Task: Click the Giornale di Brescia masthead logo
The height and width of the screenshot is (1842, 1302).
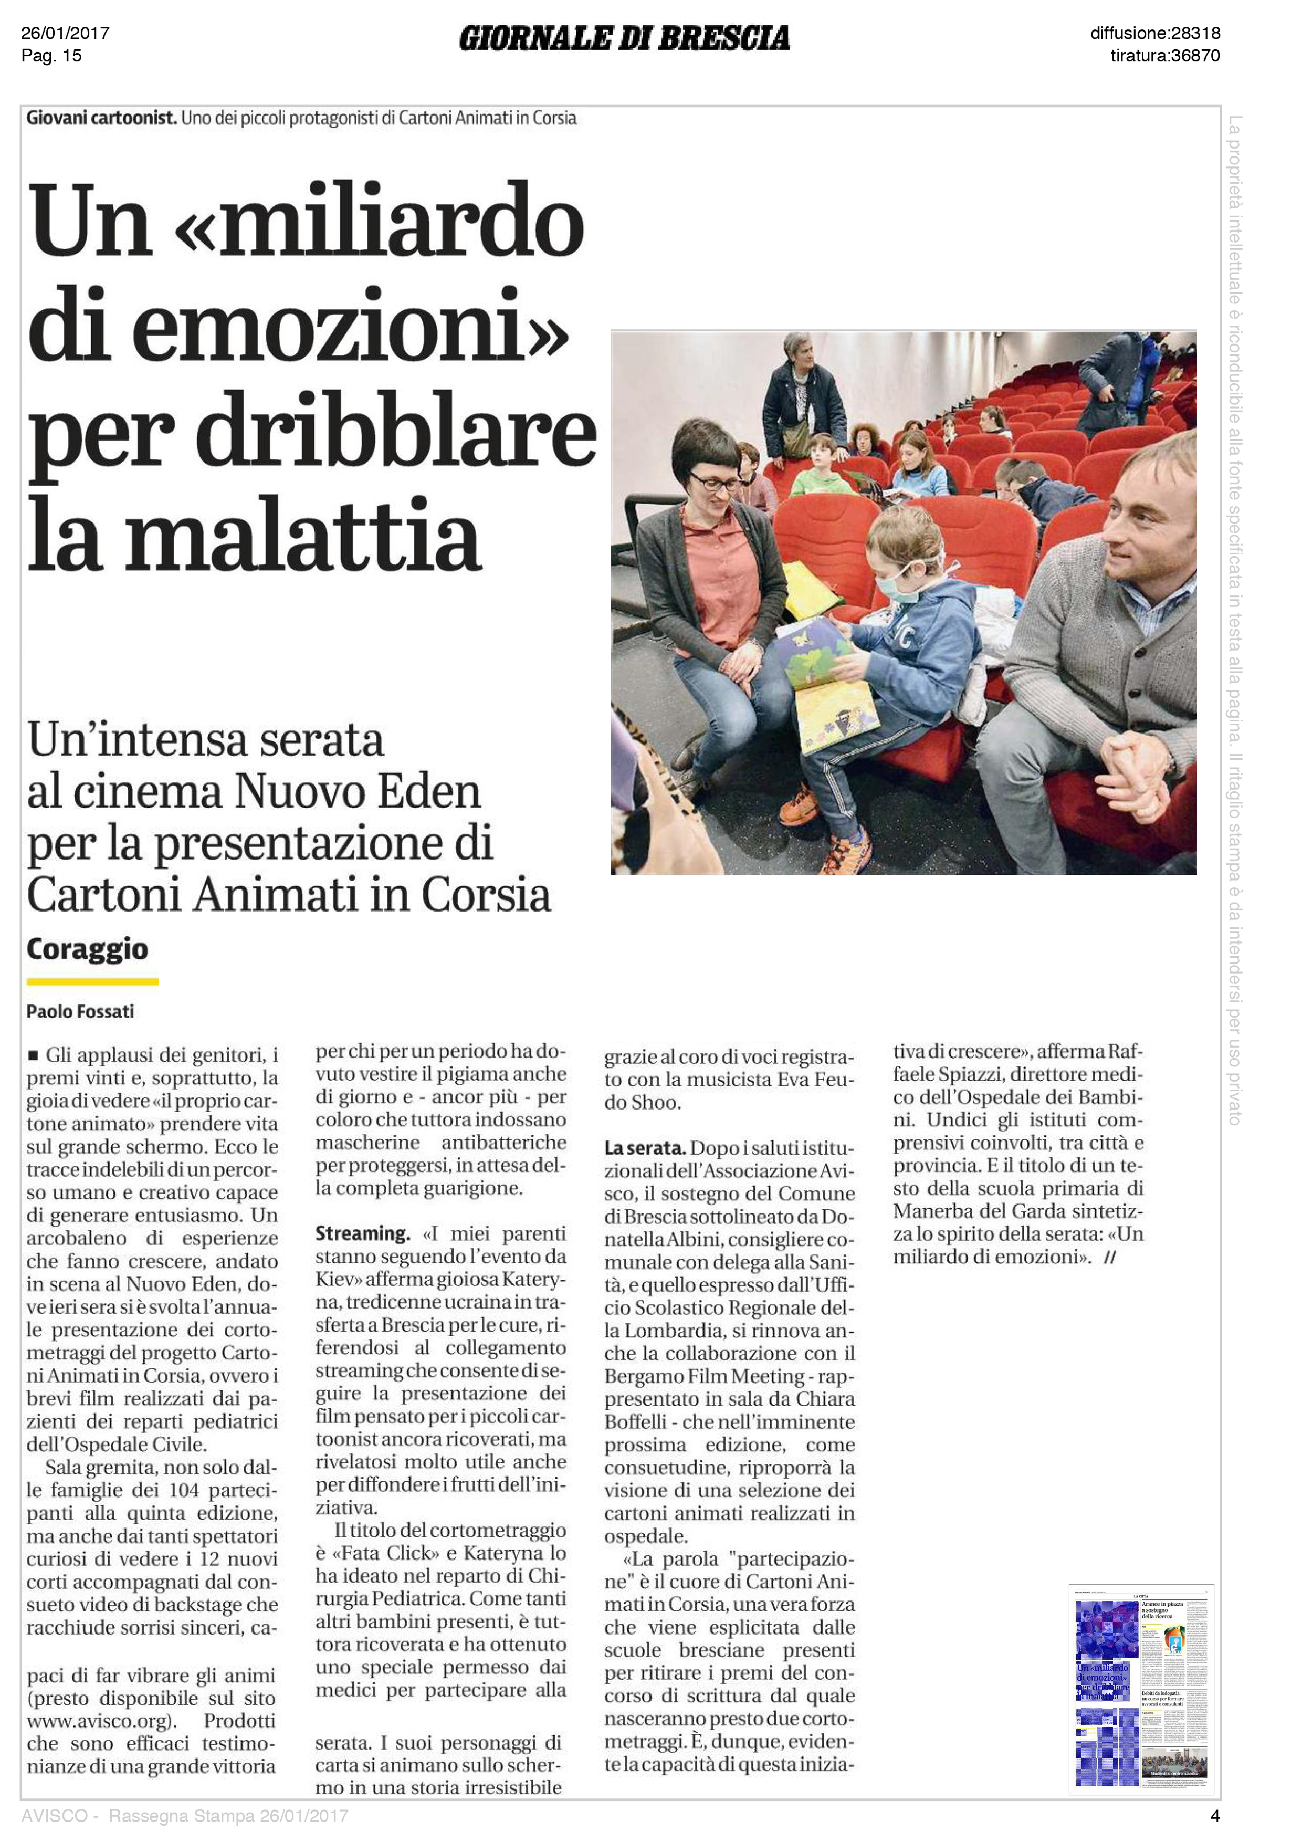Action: tap(624, 38)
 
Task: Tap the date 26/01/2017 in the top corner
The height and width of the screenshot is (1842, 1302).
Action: tap(65, 33)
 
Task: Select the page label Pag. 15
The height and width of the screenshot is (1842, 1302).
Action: tap(51, 55)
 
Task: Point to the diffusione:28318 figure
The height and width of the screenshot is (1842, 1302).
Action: tap(1154, 33)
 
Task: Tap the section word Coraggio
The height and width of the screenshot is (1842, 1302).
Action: tap(88, 949)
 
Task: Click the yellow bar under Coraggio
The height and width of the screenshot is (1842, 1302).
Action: tap(92, 981)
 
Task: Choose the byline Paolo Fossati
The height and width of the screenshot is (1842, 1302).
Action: tap(80, 1012)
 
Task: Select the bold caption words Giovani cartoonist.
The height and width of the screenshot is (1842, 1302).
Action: tap(101, 118)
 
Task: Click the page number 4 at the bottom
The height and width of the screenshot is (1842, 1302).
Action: tap(1214, 1816)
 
